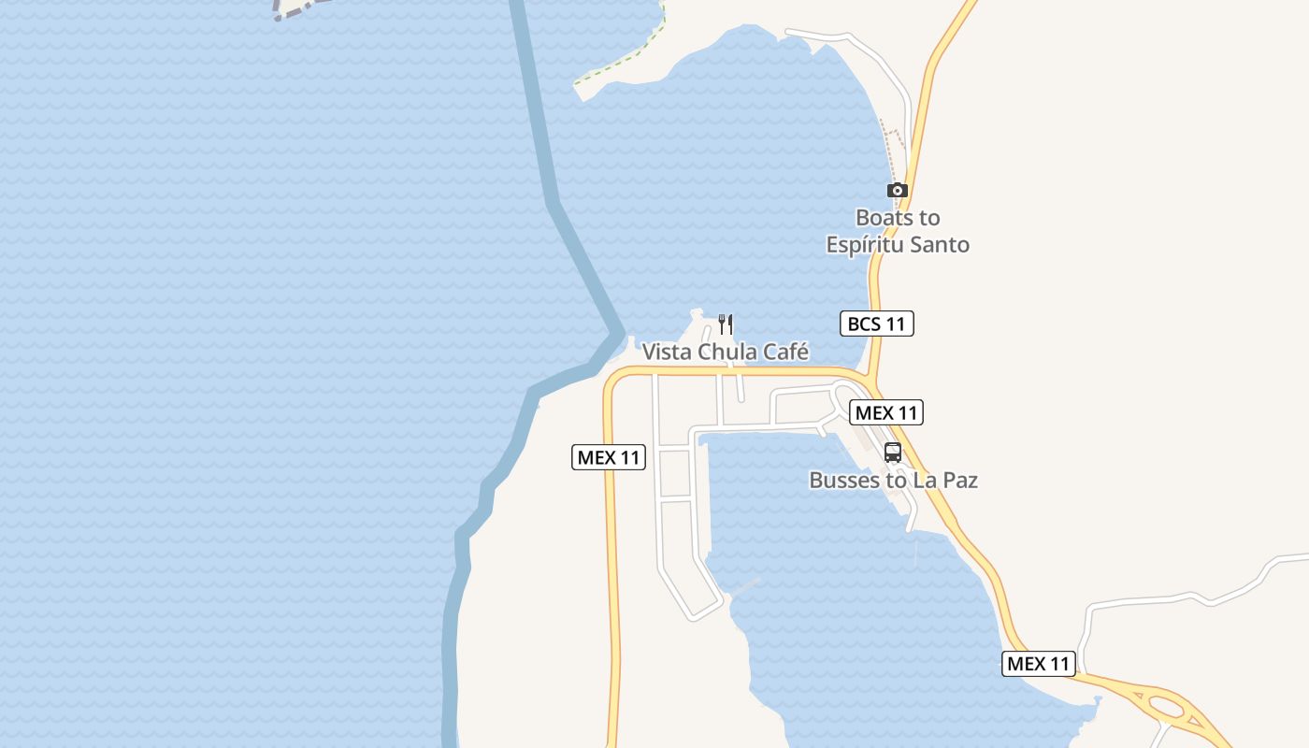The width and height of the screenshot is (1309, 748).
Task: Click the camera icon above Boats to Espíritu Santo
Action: tap(898, 191)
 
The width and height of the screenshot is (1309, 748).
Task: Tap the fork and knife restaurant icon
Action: tap(726, 324)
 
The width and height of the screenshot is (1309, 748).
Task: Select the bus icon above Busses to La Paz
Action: tap(893, 453)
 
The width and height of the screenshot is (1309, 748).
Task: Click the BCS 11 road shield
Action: tap(876, 324)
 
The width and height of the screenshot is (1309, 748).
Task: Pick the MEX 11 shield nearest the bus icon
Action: tap(885, 412)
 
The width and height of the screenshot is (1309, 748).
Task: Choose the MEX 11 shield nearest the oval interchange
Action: tap(1039, 664)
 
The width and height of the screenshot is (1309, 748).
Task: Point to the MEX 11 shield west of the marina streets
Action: tap(609, 457)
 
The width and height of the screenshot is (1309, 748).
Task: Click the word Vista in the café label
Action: tap(666, 352)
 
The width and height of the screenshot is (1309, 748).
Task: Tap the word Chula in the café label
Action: tap(727, 352)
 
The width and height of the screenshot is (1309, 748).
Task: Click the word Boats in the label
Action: tap(884, 218)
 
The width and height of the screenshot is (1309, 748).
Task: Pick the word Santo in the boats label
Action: tap(940, 245)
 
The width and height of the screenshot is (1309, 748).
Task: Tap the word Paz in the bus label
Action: tap(959, 481)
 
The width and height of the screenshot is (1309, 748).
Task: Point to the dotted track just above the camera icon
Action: tap(894, 150)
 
